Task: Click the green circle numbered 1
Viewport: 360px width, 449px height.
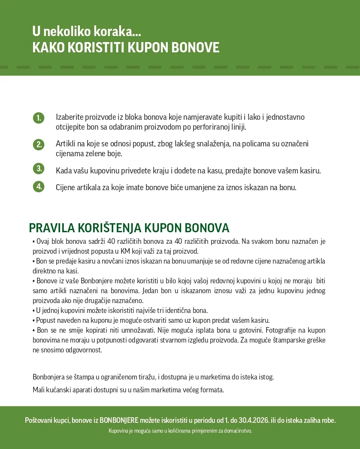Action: (x=39, y=118)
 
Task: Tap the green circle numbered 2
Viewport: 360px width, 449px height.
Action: (x=39, y=144)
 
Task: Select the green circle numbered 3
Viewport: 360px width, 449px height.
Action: (x=39, y=169)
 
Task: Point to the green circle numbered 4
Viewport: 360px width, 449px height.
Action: (x=39, y=187)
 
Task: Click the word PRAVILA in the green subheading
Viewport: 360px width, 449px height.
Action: (x=52, y=228)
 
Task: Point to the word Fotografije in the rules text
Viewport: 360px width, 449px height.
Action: (x=283, y=331)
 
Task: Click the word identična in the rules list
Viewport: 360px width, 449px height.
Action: (x=170, y=310)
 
